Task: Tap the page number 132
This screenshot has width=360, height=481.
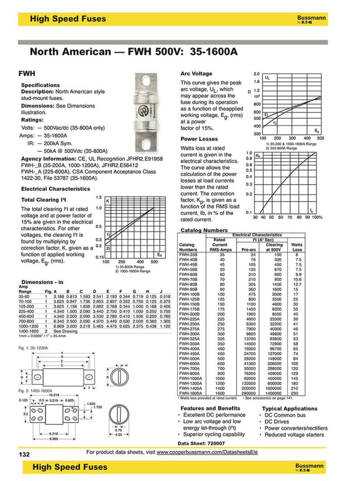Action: [x=24, y=454]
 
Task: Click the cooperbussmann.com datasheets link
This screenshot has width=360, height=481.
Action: [x=207, y=452]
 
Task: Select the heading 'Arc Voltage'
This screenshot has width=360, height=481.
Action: [x=196, y=74]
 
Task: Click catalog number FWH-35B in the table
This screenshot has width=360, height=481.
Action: [x=188, y=254]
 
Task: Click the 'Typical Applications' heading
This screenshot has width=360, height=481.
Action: [x=289, y=408]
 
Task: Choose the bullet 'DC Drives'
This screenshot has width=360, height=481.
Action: [x=276, y=421]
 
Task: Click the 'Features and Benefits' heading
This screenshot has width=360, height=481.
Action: [x=210, y=408]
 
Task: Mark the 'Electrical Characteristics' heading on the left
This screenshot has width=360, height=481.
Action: [x=55, y=189]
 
